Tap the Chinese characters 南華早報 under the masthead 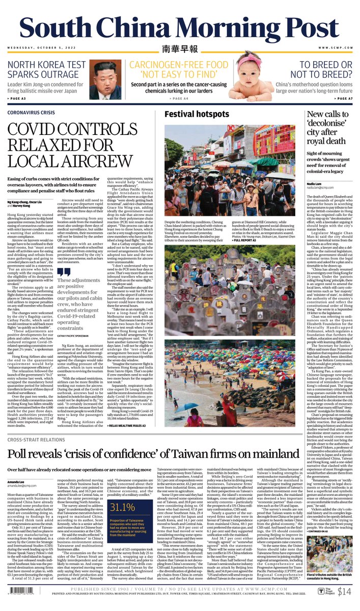click(x=179, y=50)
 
